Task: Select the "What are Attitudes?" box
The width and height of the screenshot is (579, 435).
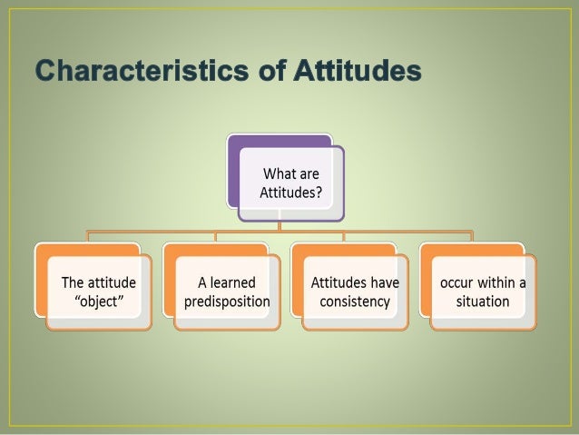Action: [291, 182]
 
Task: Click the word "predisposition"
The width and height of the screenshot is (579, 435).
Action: [227, 301]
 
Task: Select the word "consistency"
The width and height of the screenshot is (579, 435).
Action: [355, 301]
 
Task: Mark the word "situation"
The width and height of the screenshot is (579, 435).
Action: [483, 301]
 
